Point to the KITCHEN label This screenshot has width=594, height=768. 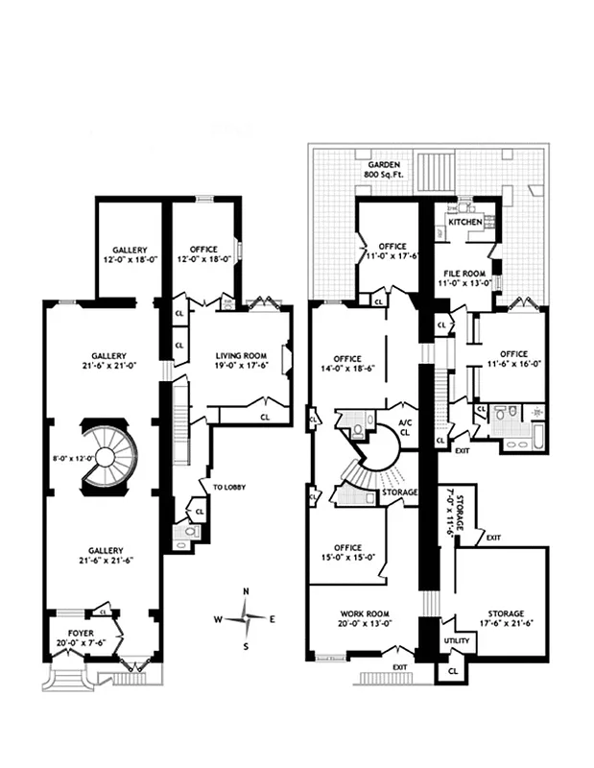[x=465, y=222]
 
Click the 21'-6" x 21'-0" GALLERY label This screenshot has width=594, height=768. [x=104, y=360]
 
